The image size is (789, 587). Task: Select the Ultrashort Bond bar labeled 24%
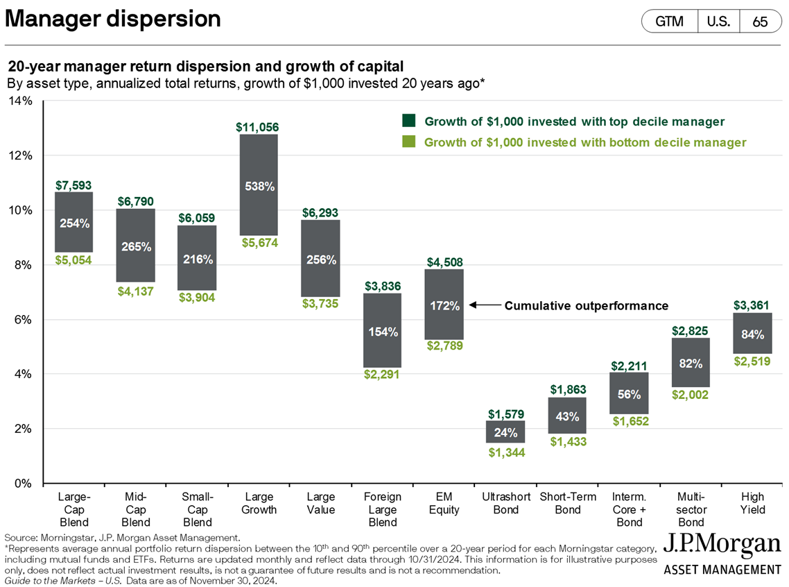click(x=505, y=432)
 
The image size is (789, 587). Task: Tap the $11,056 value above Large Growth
click(x=259, y=127)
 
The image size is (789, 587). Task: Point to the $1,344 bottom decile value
click(x=505, y=452)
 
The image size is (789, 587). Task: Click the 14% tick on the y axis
click(x=21, y=101)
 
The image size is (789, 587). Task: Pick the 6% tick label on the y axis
click(x=24, y=320)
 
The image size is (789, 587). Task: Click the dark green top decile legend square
click(x=409, y=121)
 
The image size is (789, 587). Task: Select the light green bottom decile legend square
click(x=409, y=142)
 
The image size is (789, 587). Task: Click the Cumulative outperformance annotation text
click(x=586, y=305)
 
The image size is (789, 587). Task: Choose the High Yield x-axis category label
click(x=753, y=503)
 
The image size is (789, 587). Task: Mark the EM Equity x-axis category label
click(x=444, y=503)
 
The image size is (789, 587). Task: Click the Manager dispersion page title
click(x=113, y=19)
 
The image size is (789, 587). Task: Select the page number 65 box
click(x=759, y=22)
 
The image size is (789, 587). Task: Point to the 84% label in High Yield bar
click(x=753, y=334)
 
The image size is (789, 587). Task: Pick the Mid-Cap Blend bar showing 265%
click(x=135, y=246)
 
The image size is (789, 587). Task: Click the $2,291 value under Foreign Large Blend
click(x=382, y=375)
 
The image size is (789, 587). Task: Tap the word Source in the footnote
click(x=21, y=537)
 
